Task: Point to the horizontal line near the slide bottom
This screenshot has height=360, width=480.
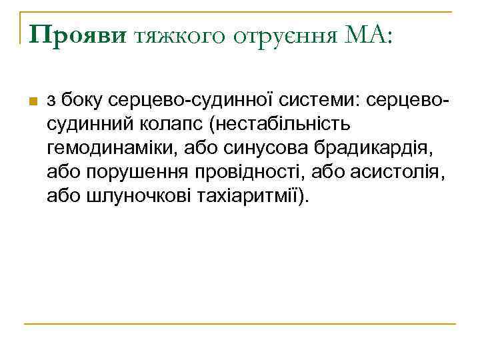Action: pos(239,324)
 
